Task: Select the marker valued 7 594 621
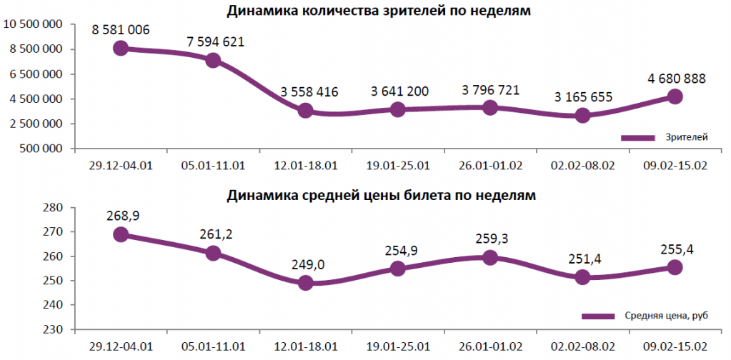tap(213, 61)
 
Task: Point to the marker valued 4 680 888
tap(675, 96)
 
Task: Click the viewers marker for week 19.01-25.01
tap(398, 109)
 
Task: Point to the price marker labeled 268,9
tap(121, 235)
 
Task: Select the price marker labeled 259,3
tap(490, 257)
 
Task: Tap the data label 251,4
tap(582, 260)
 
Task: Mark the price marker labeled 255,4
tap(675, 267)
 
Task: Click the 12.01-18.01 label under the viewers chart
tap(305, 166)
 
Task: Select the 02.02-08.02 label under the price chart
tap(582, 346)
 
